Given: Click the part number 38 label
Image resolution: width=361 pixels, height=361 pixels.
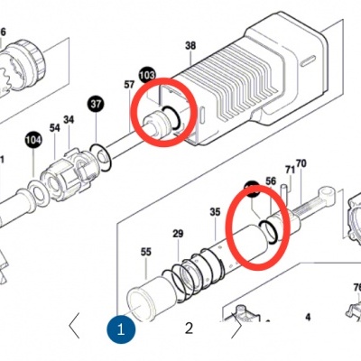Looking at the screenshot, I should [190, 45].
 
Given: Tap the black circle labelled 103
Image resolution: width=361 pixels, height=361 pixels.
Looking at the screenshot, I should [148, 74].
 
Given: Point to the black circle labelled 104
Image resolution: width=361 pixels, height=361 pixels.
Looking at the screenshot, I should [33, 140].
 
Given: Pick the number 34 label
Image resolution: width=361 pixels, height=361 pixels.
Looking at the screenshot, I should [69, 120].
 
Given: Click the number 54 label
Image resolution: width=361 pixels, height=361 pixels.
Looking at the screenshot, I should [54, 130].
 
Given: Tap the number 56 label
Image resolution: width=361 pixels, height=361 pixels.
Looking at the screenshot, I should [270, 181].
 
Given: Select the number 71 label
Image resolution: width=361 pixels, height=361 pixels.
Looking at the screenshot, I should [290, 169].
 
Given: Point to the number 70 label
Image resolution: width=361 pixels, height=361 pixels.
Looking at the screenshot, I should [301, 163].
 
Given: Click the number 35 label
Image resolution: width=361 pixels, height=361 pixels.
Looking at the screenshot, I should [215, 213].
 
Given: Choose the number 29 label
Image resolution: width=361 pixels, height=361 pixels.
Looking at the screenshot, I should [178, 235].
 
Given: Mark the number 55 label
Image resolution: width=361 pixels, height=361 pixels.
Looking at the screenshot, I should [145, 254].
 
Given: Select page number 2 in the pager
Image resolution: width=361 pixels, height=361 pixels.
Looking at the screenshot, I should [189, 328].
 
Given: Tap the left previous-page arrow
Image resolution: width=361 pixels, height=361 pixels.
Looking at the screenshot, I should [75, 325].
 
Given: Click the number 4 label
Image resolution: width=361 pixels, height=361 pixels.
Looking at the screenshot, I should [307, 317].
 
